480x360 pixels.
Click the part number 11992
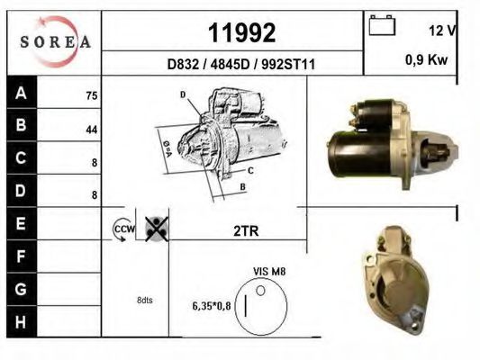pyautogui.click(x=241, y=33)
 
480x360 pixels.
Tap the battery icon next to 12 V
pyautogui.click(x=383, y=27)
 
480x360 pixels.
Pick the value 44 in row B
pyautogui.click(x=91, y=128)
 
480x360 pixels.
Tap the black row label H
pyautogui.click(x=22, y=320)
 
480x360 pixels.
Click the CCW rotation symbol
pyautogui.click(x=122, y=230)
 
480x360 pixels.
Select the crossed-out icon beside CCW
pyautogui.click(x=156, y=229)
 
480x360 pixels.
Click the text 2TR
pyautogui.click(x=245, y=231)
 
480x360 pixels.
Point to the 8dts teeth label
pyautogui.click(x=144, y=300)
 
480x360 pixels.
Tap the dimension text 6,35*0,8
pyautogui.click(x=212, y=306)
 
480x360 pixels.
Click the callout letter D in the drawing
pyautogui.click(x=182, y=94)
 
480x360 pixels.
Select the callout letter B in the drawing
pyautogui.click(x=242, y=187)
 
